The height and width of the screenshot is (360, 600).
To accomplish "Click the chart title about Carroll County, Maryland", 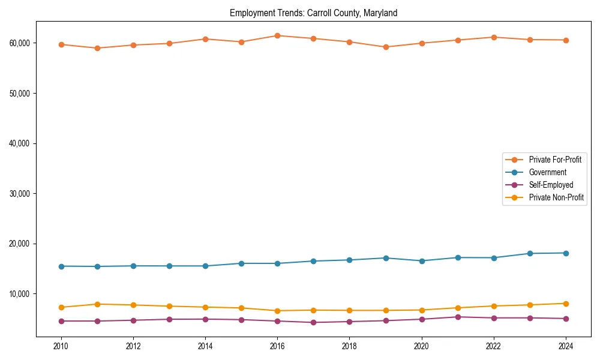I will pyautogui.click(x=313, y=13).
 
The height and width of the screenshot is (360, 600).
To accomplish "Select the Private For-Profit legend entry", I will pyautogui.click(x=555, y=160).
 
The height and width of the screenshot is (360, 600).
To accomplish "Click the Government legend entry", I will pyautogui.click(x=547, y=172).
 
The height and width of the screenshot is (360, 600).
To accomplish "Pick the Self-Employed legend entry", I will pyautogui.click(x=551, y=185).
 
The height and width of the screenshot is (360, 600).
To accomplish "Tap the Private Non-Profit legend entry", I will pyautogui.click(x=556, y=197).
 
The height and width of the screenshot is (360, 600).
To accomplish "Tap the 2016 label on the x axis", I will pyautogui.click(x=277, y=346).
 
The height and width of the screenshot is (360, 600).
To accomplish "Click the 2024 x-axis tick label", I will pyautogui.click(x=566, y=346).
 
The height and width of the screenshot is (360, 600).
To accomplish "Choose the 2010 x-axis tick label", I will pyautogui.click(x=61, y=346).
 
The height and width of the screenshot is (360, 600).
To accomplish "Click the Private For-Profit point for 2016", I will pyautogui.click(x=277, y=35).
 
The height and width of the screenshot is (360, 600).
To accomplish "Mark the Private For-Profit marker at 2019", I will pyautogui.click(x=386, y=47).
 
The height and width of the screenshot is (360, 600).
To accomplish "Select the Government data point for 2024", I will pyautogui.click(x=566, y=253).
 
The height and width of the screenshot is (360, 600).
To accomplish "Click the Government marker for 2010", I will pyautogui.click(x=61, y=266).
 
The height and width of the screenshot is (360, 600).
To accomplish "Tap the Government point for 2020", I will pyautogui.click(x=422, y=261).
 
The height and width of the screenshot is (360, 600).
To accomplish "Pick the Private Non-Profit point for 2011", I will pyautogui.click(x=97, y=304).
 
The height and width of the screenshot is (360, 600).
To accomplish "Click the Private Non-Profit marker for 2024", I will pyautogui.click(x=566, y=304).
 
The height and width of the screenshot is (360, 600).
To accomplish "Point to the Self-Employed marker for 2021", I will pyautogui.click(x=458, y=317).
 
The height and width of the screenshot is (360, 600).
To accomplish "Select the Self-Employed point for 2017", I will pyautogui.click(x=313, y=322).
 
